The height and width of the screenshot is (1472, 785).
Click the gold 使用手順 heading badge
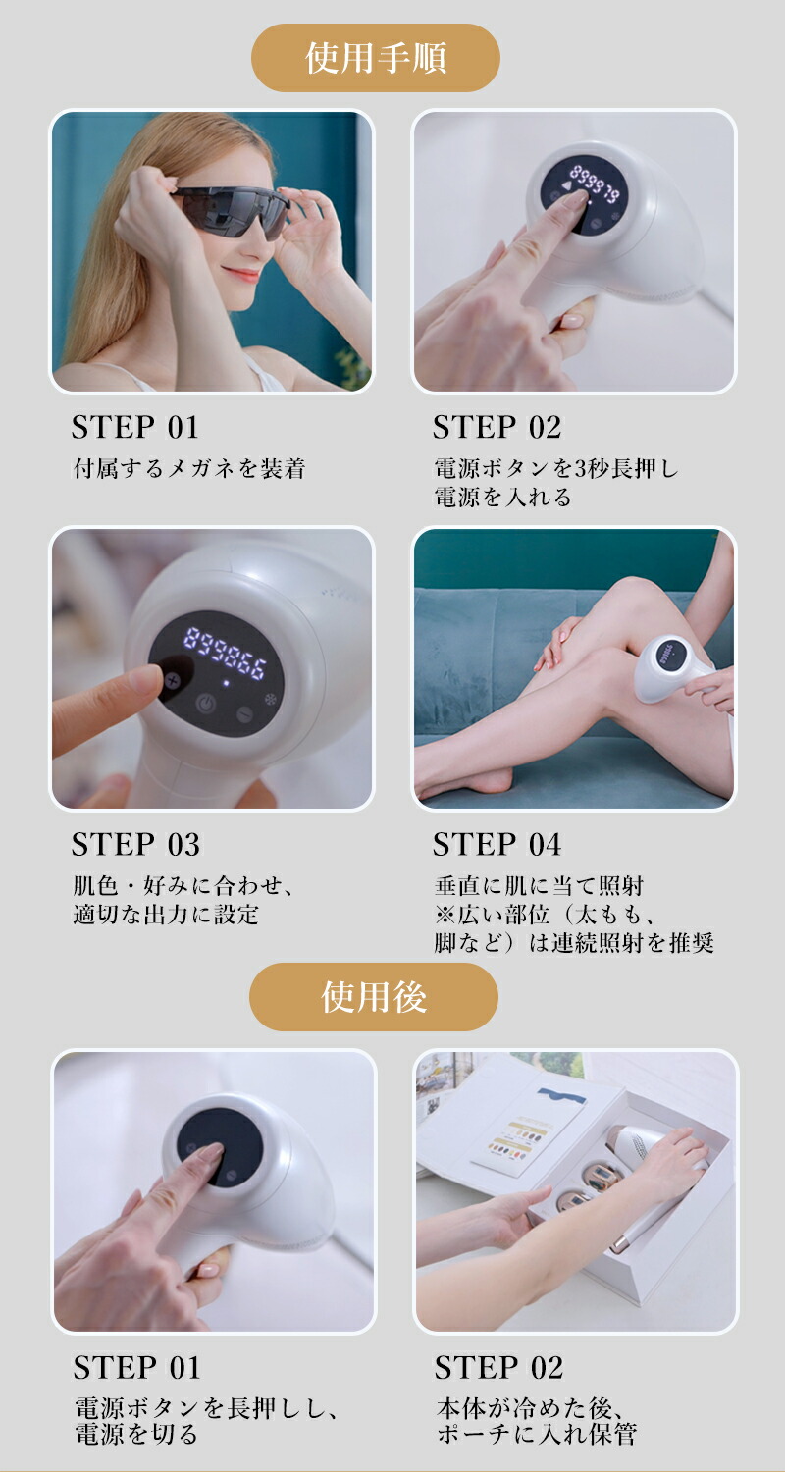click(376, 58)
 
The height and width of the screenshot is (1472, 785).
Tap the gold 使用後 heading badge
click(374, 997)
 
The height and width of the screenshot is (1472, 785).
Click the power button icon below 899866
click(206, 703)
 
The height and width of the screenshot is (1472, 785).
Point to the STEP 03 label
click(135, 845)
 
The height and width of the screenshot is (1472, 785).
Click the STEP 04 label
click(497, 845)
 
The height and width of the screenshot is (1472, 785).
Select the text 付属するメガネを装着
click(189, 469)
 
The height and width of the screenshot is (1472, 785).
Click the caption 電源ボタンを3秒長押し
click(555, 469)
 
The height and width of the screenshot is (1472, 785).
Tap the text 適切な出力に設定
click(166, 915)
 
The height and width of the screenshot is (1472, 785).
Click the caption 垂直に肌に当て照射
click(539, 886)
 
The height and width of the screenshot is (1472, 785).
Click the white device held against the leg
click(672, 668)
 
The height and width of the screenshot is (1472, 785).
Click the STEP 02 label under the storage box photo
click(498, 1367)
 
